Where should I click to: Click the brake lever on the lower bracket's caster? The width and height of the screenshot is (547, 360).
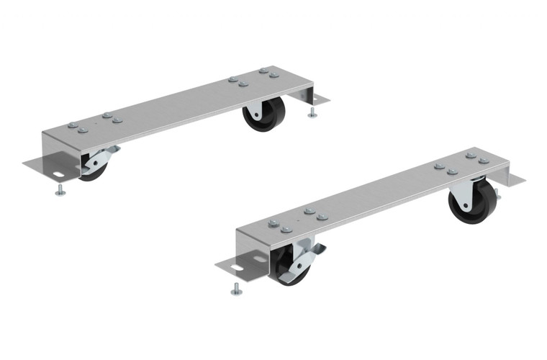[311, 251]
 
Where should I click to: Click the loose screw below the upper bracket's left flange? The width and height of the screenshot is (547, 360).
[59, 190]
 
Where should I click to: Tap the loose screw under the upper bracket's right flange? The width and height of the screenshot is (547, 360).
[312, 113]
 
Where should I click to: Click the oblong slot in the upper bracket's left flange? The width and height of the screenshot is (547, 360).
[56, 174]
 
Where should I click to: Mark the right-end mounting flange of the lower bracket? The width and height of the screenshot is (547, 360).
[512, 180]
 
